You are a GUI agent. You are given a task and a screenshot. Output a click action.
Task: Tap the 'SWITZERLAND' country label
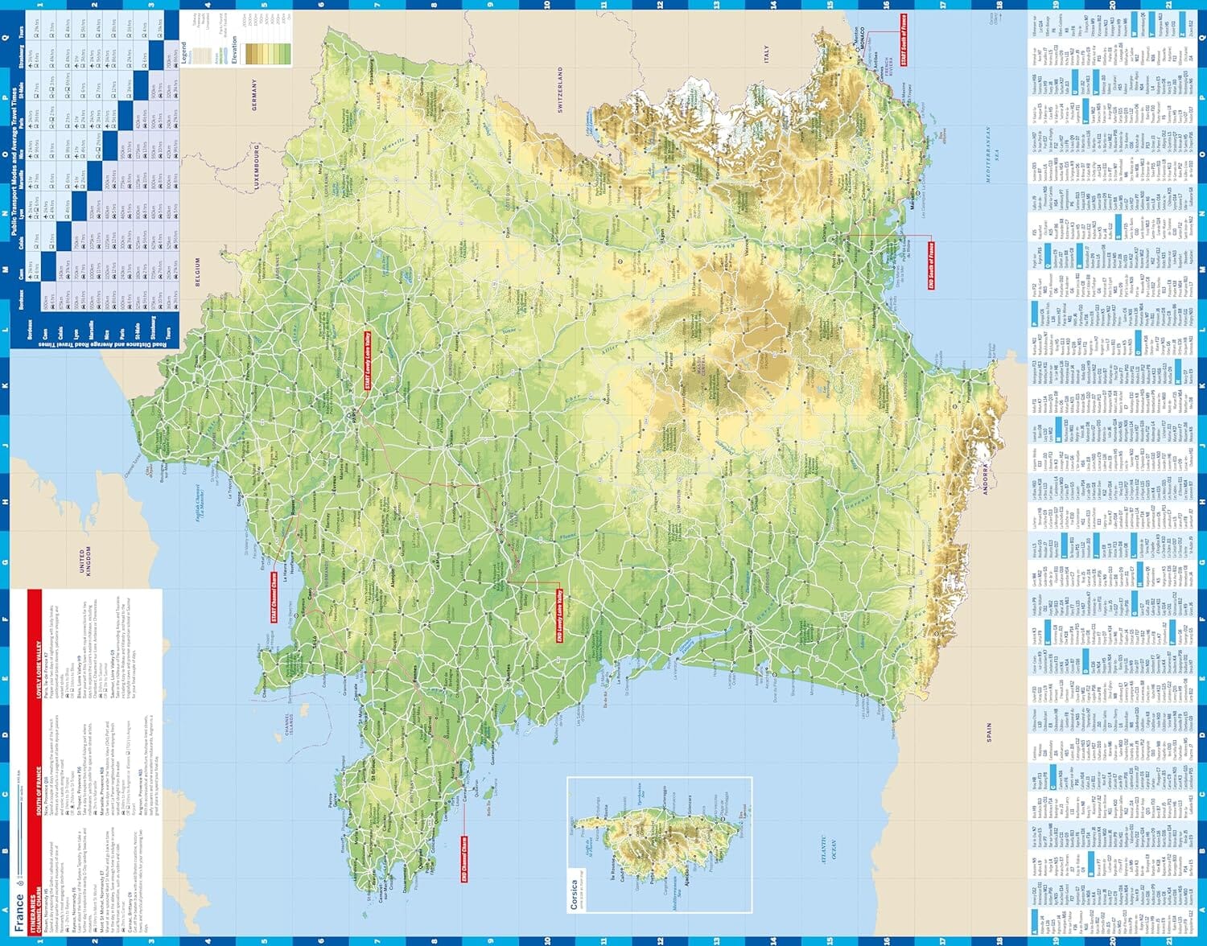pos(560,89)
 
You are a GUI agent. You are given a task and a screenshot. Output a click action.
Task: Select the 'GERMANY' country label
pos(255,95)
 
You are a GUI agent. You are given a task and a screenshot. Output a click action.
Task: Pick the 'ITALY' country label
pos(766,54)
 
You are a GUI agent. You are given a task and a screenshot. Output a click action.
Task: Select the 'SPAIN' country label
pos(989,733)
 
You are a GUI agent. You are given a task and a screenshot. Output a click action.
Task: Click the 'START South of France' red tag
pos(904,39)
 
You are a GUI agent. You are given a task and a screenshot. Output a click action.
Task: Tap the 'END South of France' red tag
pos(931,265)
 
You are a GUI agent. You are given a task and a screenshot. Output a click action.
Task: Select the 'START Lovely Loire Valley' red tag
pos(368,361)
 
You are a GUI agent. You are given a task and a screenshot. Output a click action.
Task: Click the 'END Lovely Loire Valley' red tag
pos(559,615)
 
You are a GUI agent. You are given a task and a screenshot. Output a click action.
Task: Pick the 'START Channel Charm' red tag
pos(274,597)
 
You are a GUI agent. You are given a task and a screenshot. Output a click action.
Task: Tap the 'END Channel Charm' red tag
pos(464,859)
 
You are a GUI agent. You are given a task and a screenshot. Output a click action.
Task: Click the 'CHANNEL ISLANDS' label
pos(288,723)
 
